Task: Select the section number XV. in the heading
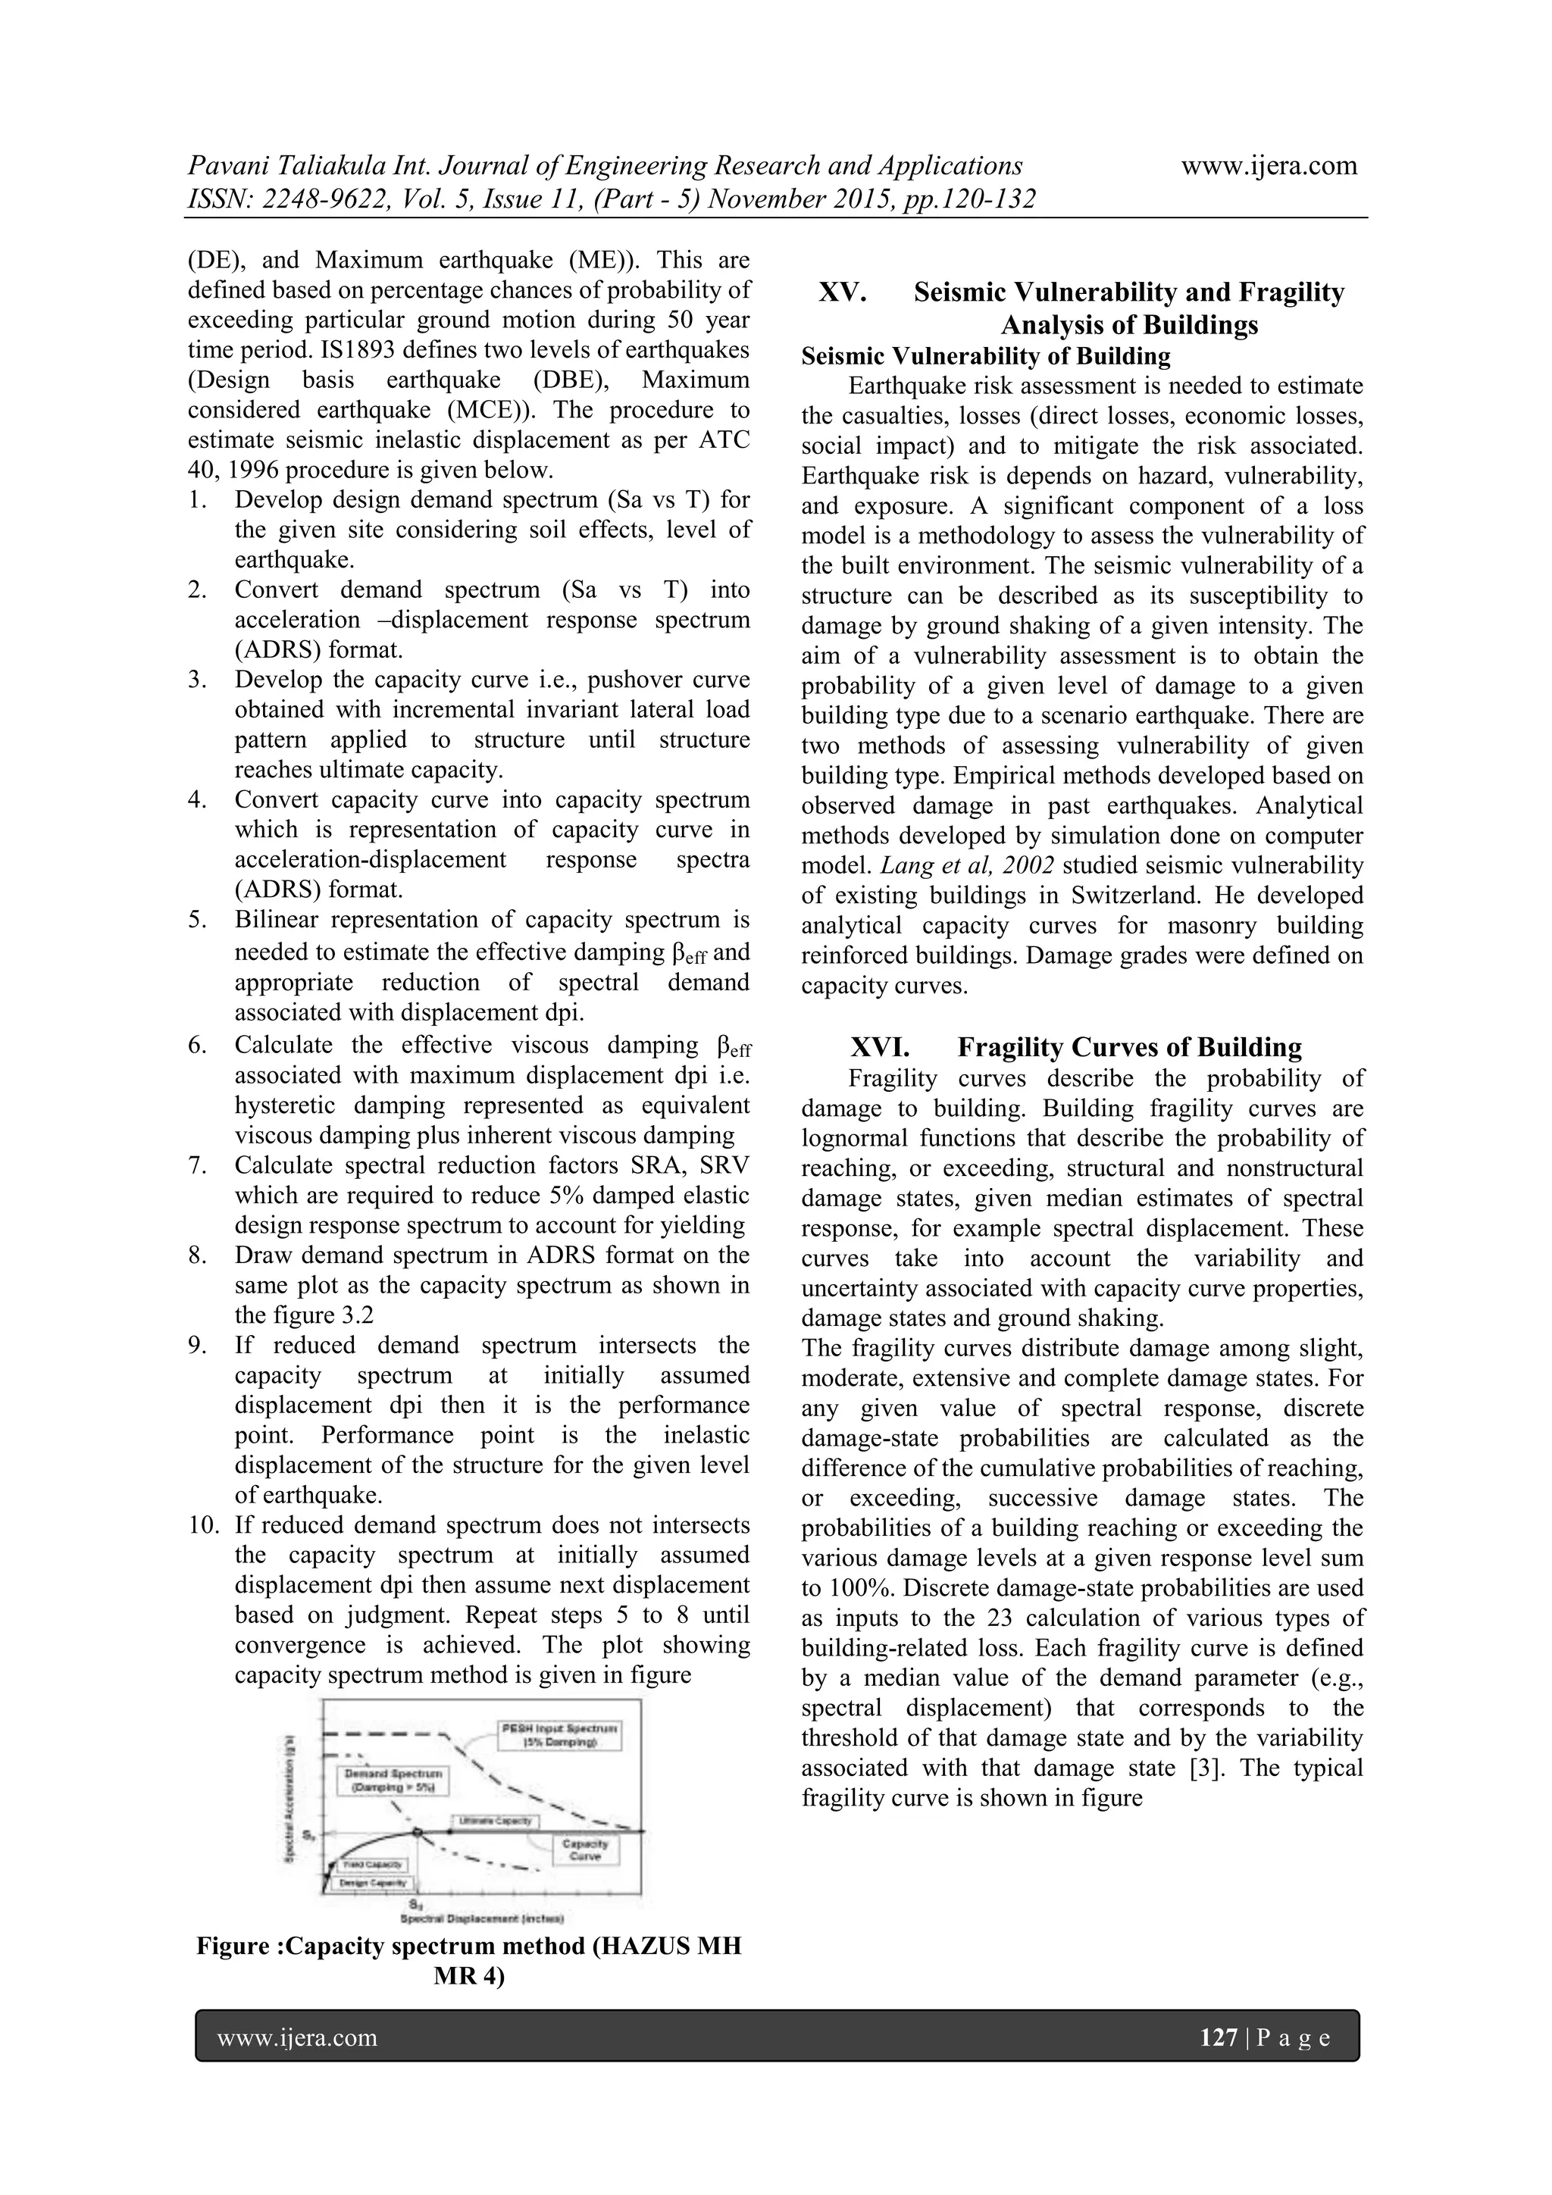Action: [x=843, y=292]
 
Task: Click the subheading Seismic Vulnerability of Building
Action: [x=985, y=357]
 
